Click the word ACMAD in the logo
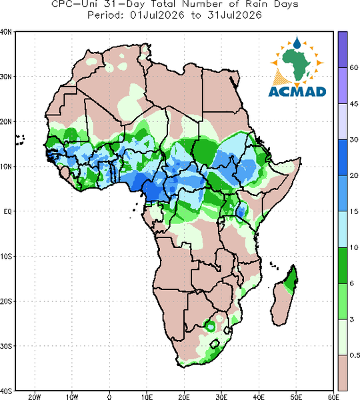tap(297, 91)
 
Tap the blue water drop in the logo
tap(297, 43)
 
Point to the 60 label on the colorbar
tap(353, 67)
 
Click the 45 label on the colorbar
tap(353, 103)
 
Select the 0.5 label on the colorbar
tap(355, 355)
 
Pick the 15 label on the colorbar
tap(353, 211)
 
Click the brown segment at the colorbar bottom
tap(343, 373)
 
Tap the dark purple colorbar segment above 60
tap(343, 49)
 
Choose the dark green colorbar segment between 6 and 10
tap(343, 265)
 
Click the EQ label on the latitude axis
tap(7, 211)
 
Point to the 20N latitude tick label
tap(6, 122)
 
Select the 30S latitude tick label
tap(6, 346)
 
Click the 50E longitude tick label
tap(296, 397)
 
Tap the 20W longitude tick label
tap(35, 397)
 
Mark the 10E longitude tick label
tap(147, 397)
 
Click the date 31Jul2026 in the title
tap(235, 15)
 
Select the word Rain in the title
tap(256, 4)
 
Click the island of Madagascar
tap(284, 299)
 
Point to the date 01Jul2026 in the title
tap(157, 15)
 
